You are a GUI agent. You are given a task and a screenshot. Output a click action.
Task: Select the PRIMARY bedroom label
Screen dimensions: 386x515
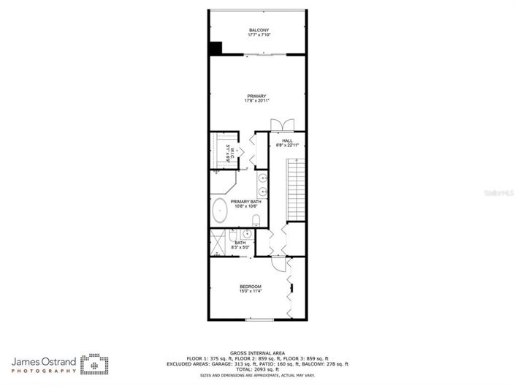tap(256, 96)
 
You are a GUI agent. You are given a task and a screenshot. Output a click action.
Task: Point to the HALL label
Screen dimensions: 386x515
tap(288, 140)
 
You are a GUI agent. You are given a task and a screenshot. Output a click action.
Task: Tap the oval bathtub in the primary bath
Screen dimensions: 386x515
tap(218, 211)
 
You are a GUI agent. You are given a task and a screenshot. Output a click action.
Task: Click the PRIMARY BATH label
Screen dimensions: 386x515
tap(245, 202)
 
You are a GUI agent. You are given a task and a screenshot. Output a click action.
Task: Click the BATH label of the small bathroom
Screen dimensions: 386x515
tap(240, 243)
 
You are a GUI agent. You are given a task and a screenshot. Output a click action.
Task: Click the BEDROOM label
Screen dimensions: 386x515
tap(251, 287)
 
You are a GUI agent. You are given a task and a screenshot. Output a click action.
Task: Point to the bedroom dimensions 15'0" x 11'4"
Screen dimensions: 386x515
tap(251, 292)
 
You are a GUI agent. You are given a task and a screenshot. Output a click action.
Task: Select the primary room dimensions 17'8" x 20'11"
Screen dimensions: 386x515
tap(256, 101)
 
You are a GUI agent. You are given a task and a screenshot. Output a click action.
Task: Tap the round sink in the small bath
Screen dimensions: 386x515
tap(247, 234)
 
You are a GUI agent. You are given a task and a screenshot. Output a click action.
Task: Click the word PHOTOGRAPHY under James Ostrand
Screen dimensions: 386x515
tap(43, 371)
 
